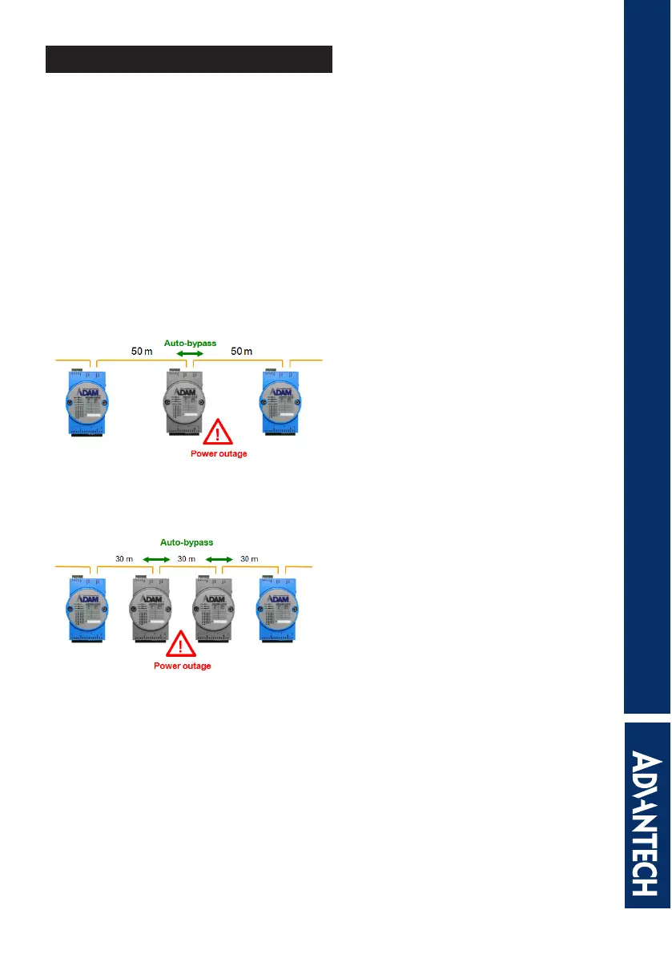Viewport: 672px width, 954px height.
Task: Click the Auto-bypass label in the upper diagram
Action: pos(190,343)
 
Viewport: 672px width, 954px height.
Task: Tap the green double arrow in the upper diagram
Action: pos(190,353)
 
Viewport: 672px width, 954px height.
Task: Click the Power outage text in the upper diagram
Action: pos(219,453)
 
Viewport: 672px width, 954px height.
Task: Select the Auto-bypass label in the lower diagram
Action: pos(187,542)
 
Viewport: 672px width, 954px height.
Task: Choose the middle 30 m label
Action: pos(187,558)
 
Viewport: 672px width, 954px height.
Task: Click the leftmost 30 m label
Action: pos(123,558)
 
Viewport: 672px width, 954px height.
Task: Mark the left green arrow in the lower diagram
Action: pos(154,558)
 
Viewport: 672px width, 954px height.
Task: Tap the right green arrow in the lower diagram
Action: pos(219,558)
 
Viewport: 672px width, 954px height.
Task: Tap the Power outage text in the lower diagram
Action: pos(183,666)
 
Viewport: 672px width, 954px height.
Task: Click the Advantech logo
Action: pos(647,812)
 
